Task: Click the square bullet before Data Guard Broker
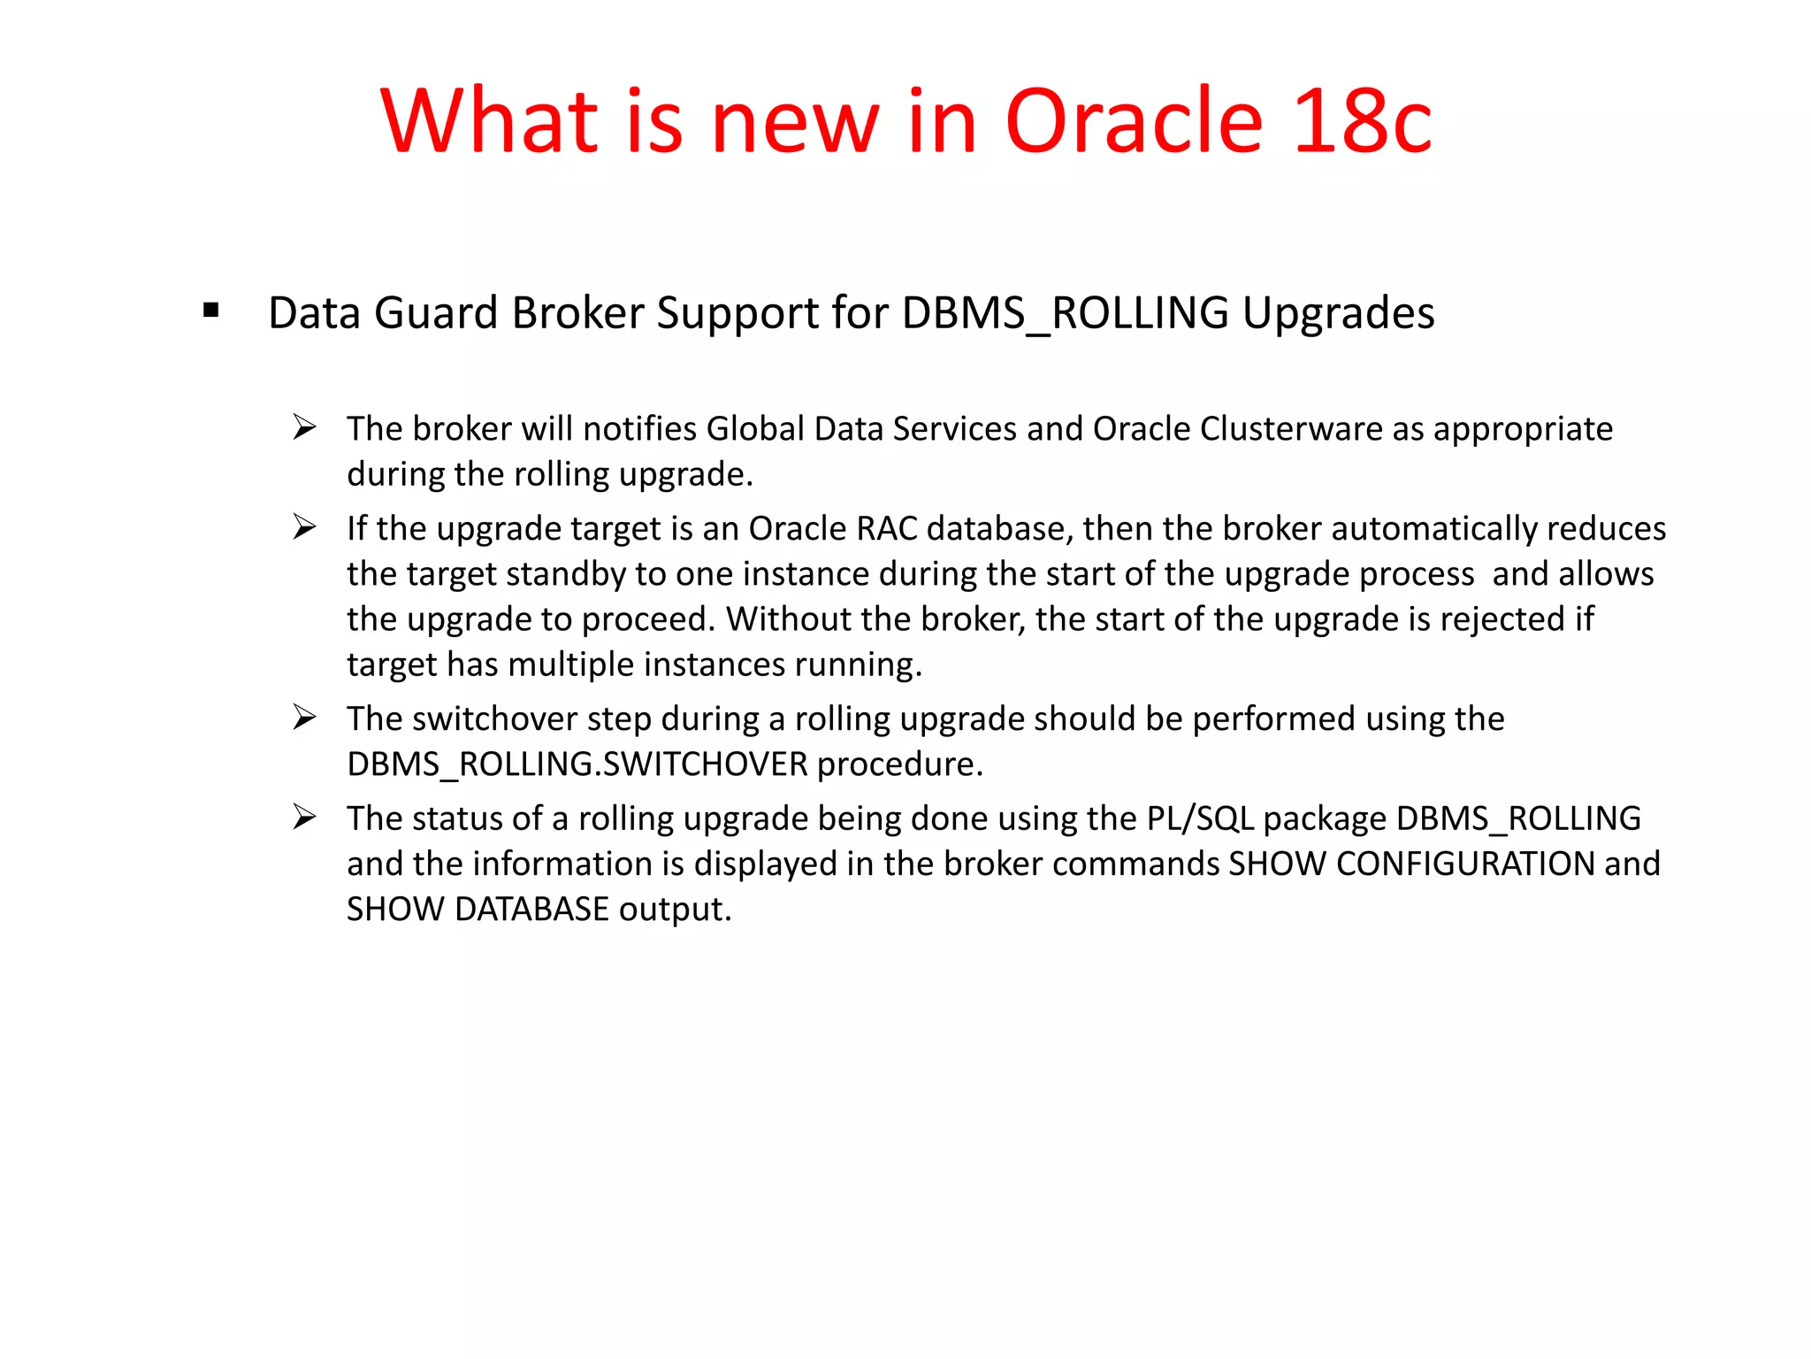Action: [x=210, y=310]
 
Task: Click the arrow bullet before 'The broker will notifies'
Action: [x=305, y=428]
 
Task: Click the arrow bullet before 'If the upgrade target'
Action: [x=305, y=528]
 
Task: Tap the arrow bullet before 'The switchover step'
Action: [x=305, y=718]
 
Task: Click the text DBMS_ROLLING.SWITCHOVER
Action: [x=577, y=764]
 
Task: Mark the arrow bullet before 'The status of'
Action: [x=305, y=818]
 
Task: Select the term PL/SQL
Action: [x=1200, y=819]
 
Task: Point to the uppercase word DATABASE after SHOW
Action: [x=531, y=910]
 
